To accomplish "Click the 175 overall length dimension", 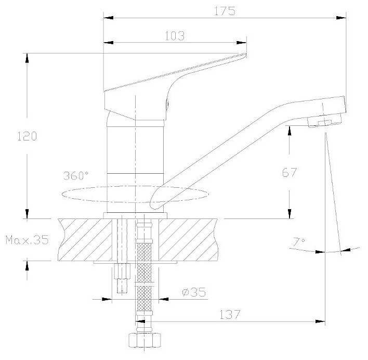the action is tap(225, 11).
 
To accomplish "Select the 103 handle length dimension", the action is tap(175, 36).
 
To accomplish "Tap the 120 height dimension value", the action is tap(27, 136).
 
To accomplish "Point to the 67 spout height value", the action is tap(290, 173).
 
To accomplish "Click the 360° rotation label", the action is tap(76, 176).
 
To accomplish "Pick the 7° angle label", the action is tap(299, 242).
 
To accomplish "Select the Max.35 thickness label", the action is tap(28, 240).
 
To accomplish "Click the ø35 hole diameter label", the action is tap(194, 292).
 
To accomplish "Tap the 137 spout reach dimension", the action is tap(230, 315).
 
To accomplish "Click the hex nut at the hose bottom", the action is tap(145, 340).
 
